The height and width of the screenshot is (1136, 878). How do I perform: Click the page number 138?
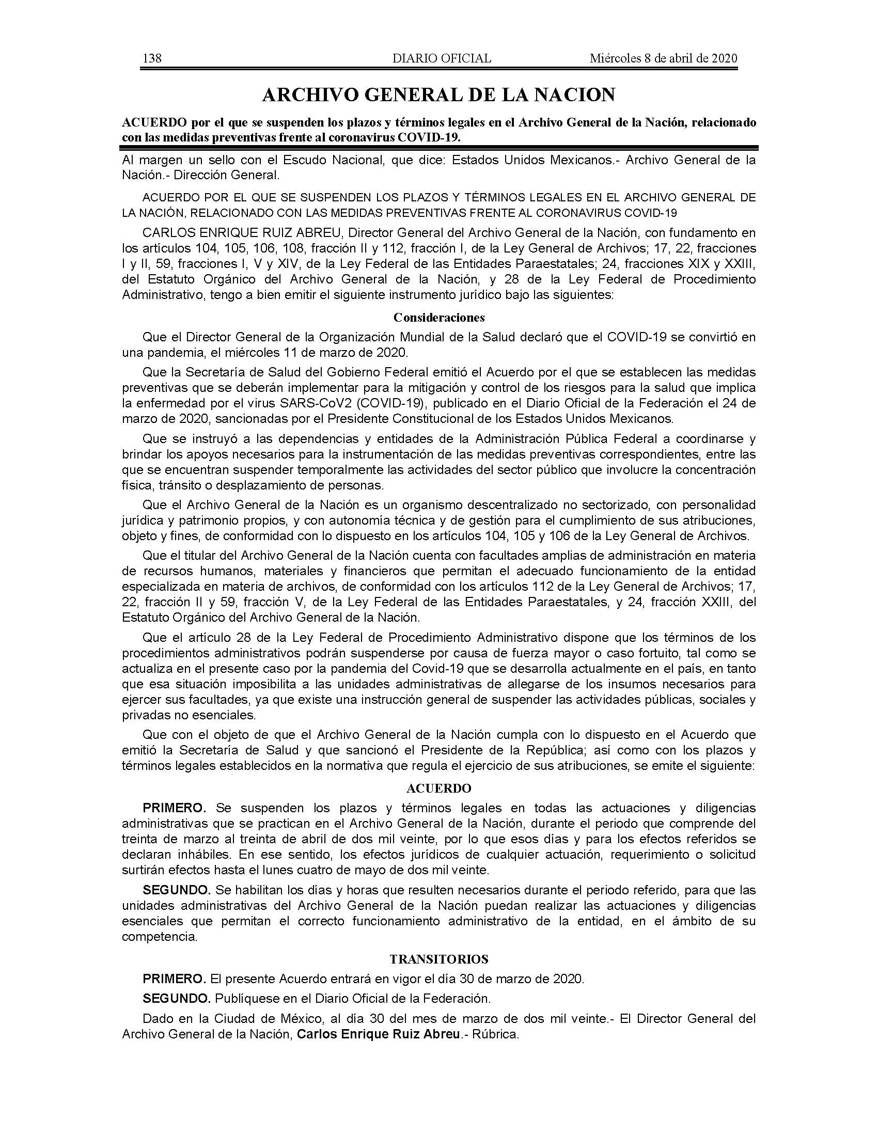[x=152, y=58]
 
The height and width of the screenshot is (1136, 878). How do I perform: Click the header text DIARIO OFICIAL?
[x=442, y=58]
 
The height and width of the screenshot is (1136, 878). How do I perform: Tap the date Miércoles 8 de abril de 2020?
[x=663, y=58]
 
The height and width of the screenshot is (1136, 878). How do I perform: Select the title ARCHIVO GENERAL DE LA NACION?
[x=438, y=94]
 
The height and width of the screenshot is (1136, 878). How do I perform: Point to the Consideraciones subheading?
[x=439, y=317]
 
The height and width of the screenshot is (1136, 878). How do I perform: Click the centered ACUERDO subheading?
[x=438, y=788]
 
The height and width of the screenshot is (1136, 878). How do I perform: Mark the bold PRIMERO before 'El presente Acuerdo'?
[x=174, y=979]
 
